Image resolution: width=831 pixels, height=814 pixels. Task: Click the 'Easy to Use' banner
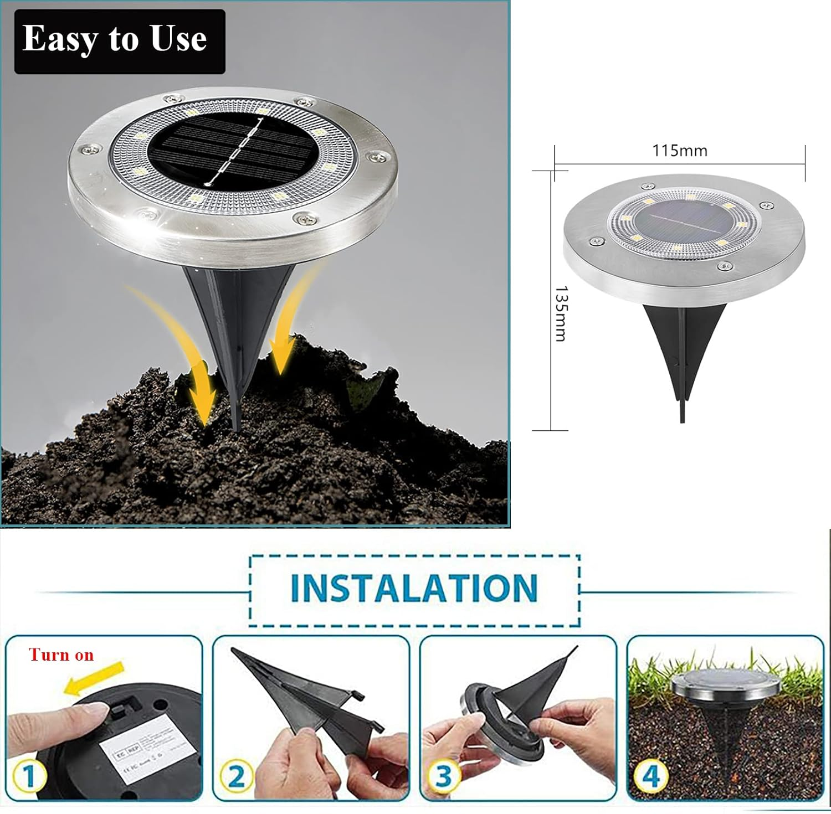119,41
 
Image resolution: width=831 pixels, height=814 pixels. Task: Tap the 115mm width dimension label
679,150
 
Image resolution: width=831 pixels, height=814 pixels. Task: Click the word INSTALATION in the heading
414,588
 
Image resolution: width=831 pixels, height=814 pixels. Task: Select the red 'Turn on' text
61,655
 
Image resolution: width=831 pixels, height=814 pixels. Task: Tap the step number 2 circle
237,776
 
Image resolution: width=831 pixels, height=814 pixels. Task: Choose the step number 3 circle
443,776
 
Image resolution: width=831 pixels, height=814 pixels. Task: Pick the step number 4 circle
651,776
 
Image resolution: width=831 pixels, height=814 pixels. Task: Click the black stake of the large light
235,332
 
